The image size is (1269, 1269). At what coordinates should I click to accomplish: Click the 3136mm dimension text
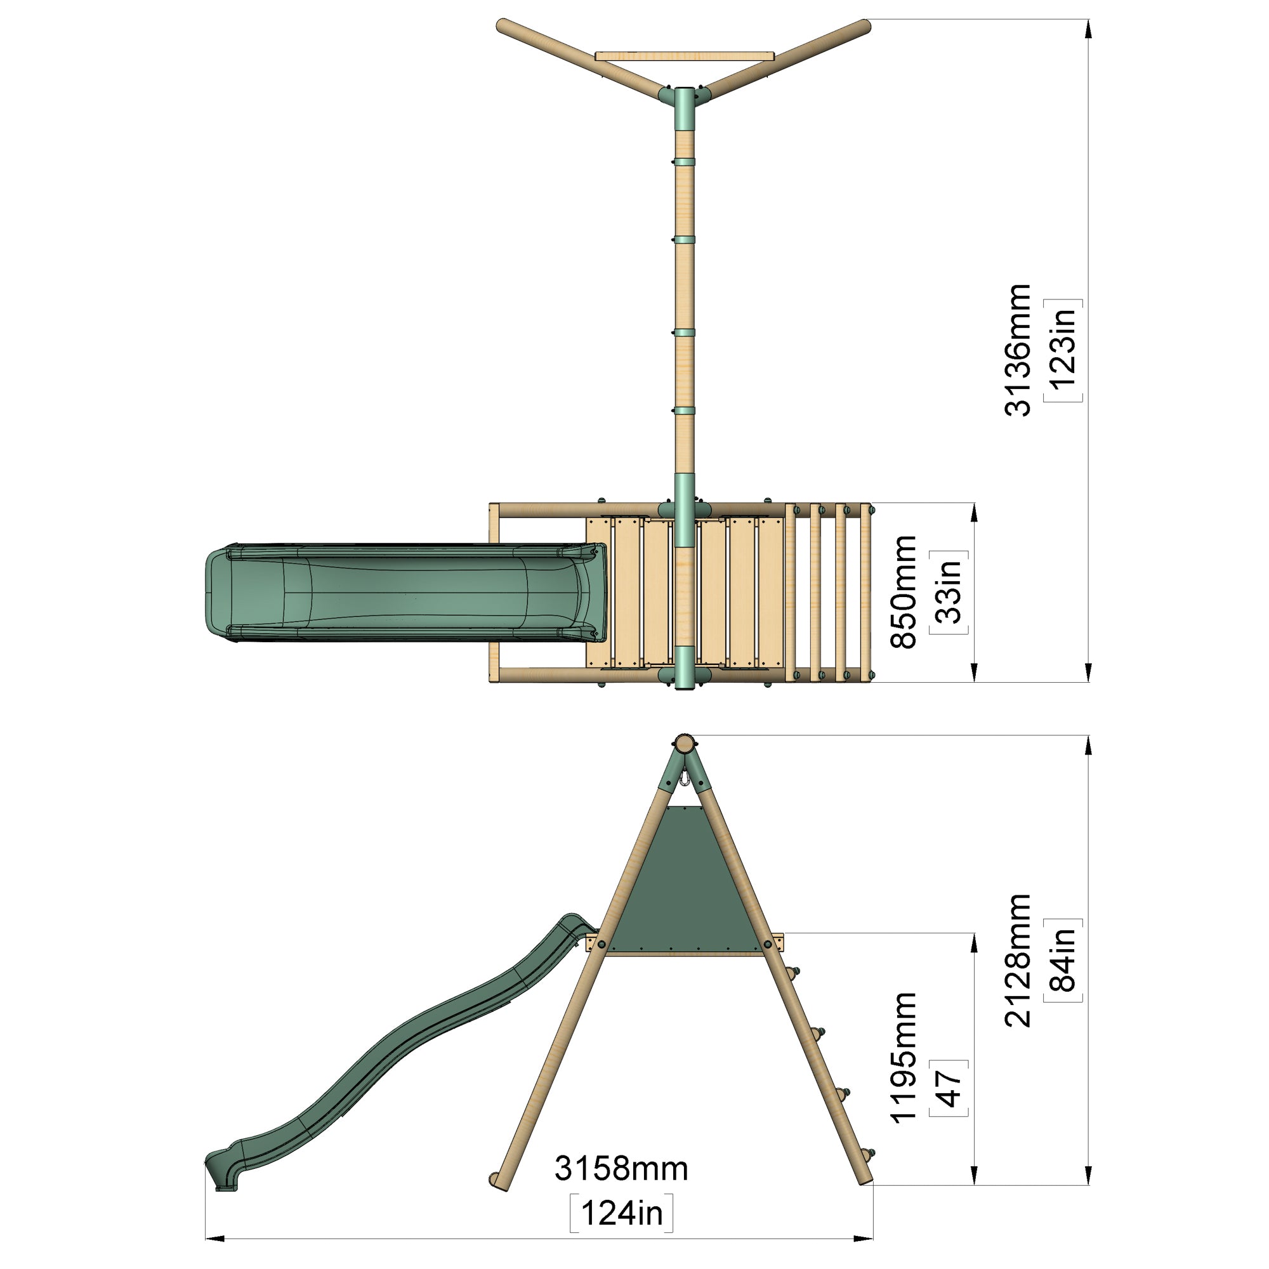pos(1016,350)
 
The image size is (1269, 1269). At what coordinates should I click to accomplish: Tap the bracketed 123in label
pos(1063,350)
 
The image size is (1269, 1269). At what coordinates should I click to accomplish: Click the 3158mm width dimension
pos(621,1169)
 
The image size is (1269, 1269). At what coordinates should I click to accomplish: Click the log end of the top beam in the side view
pos(684,744)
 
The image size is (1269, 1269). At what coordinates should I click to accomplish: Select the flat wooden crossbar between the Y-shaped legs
pos(684,56)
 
